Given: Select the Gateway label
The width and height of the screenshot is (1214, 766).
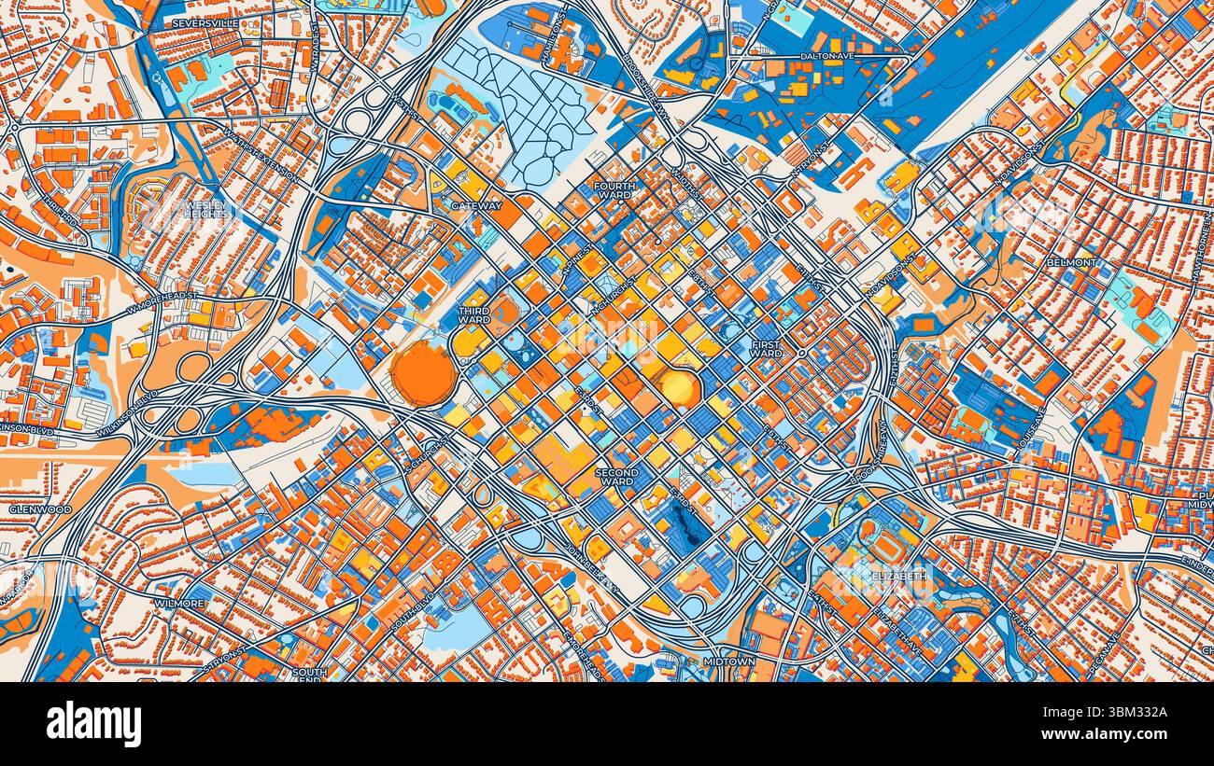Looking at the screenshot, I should click(x=476, y=205).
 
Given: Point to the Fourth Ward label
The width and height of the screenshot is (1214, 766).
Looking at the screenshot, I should click(x=614, y=191).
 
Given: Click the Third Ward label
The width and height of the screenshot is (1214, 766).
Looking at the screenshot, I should click(x=474, y=315).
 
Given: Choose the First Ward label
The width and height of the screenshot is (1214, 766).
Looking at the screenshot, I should click(x=766, y=349).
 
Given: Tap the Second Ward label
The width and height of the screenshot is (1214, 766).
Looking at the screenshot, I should click(x=616, y=477).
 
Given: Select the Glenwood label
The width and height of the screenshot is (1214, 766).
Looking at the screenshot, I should click(x=40, y=509).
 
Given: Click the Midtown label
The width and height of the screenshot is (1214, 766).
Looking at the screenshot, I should click(x=728, y=662).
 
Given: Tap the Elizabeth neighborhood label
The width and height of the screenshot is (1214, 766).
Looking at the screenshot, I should click(x=900, y=576).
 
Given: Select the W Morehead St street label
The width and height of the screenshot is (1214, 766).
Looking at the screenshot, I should click(x=163, y=296).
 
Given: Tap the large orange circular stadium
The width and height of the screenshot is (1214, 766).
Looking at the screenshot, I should click(x=423, y=371).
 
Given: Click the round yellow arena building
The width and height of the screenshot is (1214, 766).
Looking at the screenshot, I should click(x=680, y=385).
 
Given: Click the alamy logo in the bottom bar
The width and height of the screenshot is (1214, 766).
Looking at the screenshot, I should click(x=93, y=724).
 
